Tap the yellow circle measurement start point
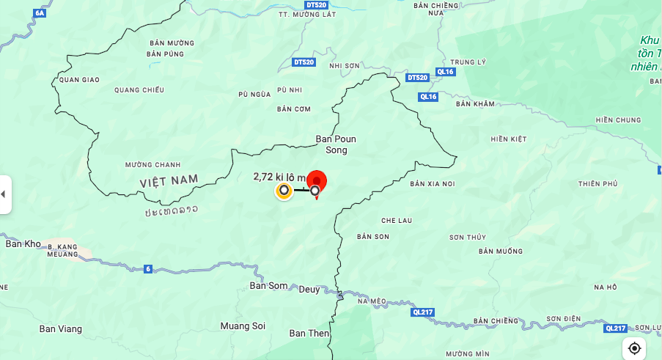tap(284, 191)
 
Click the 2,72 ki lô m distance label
tap(279, 177)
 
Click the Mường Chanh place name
tap(152, 164)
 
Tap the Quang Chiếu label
tap(139, 90)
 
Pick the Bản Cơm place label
tap(294, 109)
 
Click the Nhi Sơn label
tap(345, 65)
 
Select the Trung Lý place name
tap(468, 62)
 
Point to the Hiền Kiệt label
tap(509, 139)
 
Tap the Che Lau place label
tap(397, 220)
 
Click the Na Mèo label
tap(372, 301)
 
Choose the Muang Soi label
tap(243, 326)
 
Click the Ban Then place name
tap(309, 334)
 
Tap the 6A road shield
tap(40, 13)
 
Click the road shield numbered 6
tap(148, 269)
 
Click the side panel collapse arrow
tap(4, 194)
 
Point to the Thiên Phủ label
tap(597, 183)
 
